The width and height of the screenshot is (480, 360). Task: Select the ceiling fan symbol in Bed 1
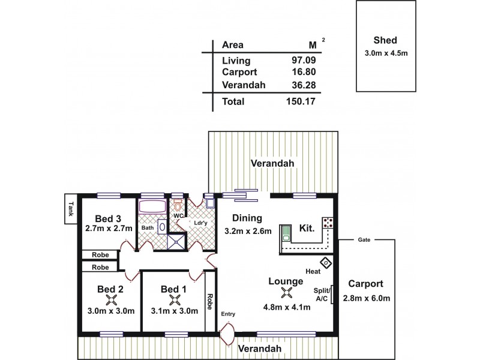pyautogui.click(x=174, y=299)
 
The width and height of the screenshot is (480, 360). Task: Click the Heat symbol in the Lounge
pyautogui.click(x=326, y=262)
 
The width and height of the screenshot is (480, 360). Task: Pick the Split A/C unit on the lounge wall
pyautogui.click(x=332, y=295)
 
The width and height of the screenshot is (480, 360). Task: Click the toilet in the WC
pyautogui.click(x=178, y=206)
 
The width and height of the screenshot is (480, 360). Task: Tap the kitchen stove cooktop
pyautogui.click(x=328, y=223)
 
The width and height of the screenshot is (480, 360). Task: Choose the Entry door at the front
pyautogui.click(x=227, y=332)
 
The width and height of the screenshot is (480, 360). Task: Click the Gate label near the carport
pyautogui.click(x=364, y=239)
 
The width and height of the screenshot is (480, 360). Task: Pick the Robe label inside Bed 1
pyautogui.click(x=209, y=300)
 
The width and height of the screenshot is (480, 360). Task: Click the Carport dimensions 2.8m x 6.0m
pyautogui.click(x=367, y=298)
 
